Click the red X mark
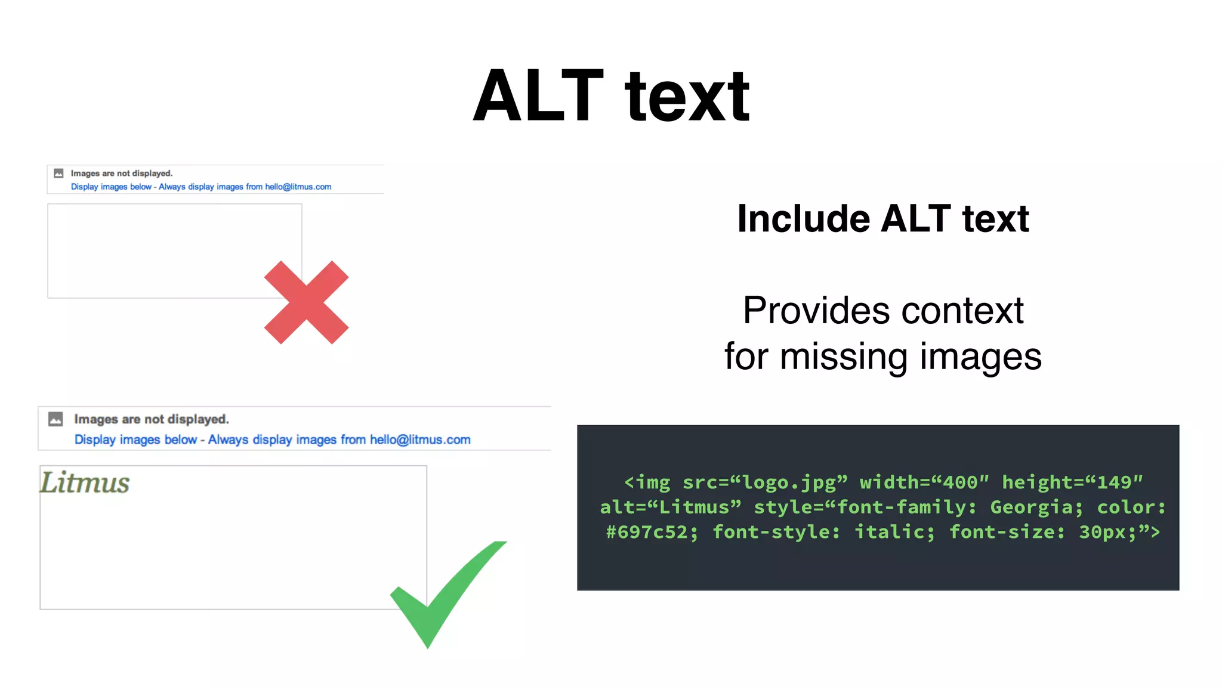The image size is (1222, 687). point(306,302)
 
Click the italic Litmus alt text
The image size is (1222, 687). point(85,482)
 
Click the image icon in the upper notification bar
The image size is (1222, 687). point(58,174)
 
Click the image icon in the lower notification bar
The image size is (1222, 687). point(55,419)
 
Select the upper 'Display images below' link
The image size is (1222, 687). point(111,187)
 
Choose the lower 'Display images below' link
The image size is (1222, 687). point(135,440)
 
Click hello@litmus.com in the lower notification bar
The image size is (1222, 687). point(420,440)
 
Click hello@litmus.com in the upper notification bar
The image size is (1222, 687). point(298,187)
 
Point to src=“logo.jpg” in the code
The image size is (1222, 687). point(765,482)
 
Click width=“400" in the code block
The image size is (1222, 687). point(924,482)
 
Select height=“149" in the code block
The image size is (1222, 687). point(1072,482)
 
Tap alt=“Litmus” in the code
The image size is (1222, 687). point(671,507)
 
